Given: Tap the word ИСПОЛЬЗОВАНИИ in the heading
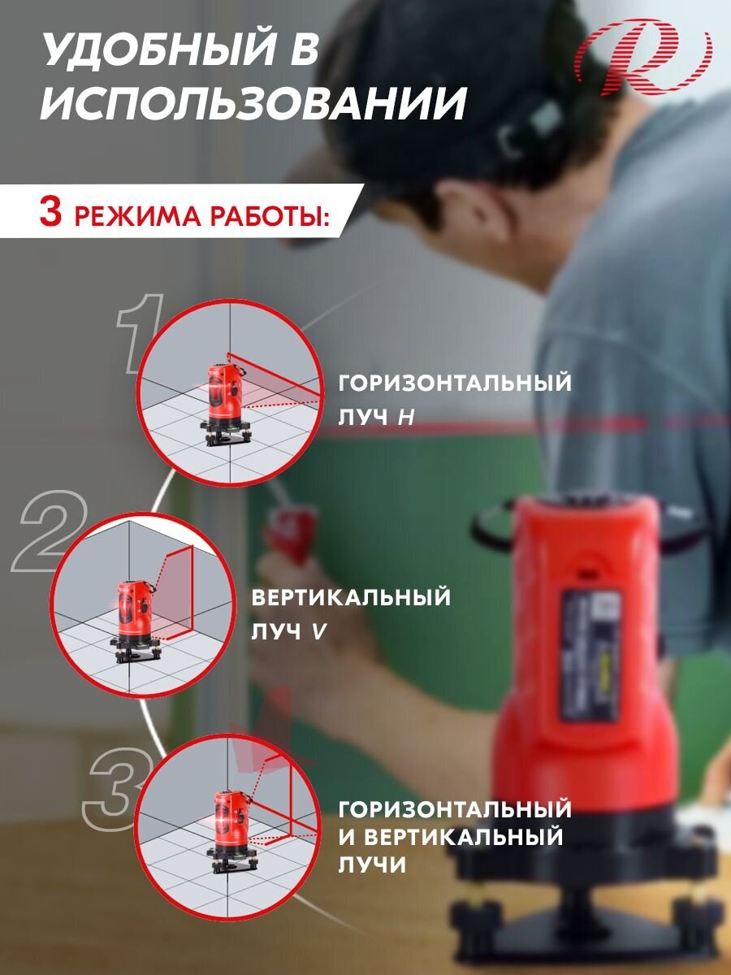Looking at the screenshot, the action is [253, 103].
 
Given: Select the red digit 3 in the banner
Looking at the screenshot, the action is [50, 212].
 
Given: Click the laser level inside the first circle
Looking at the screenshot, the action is [226, 404].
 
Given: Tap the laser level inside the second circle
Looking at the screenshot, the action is [136, 622].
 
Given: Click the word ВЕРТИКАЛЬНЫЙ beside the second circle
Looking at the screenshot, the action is [351, 597].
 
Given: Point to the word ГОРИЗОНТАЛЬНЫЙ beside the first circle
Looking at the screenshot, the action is [455, 383].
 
